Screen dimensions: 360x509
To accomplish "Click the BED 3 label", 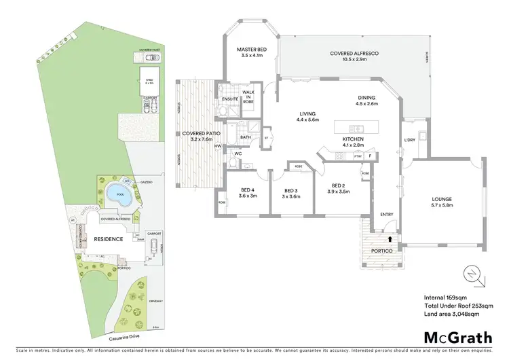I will click(x=291, y=194).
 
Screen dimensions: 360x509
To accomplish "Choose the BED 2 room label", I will click(x=340, y=189).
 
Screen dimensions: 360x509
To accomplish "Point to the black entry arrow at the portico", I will click(x=390, y=239).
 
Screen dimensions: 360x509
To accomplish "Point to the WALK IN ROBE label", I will click(x=248, y=98).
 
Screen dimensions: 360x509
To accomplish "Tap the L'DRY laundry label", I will click(x=409, y=140).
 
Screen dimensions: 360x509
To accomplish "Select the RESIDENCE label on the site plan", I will click(x=108, y=239).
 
